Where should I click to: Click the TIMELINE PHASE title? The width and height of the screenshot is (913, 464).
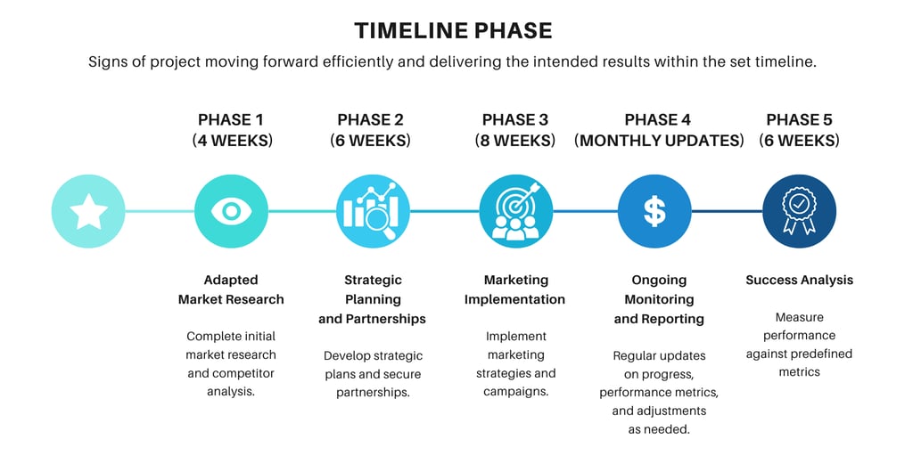click(453, 31)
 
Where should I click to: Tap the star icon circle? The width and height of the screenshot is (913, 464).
click(88, 211)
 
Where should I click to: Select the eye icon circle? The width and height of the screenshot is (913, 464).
click(231, 211)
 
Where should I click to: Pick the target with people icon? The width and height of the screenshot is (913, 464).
click(516, 211)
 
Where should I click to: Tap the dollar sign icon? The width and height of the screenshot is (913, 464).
click(654, 211)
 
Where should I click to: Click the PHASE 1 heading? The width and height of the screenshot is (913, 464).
click(231, 119)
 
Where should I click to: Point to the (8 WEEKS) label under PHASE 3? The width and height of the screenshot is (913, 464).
click(515, 141)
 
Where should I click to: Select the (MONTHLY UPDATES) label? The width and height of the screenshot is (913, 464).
click(659, 141)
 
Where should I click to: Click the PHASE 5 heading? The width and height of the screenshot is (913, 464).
click(799, 119)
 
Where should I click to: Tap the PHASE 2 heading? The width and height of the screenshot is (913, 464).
click(370, 119)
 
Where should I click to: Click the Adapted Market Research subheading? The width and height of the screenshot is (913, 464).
click(231, 289)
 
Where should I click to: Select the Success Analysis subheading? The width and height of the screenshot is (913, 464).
click(800, 281)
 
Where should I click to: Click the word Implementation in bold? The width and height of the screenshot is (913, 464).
click(514, 299)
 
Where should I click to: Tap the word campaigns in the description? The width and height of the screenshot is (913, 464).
click(516, 392)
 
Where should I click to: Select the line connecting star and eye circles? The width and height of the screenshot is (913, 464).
click(160, 211)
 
